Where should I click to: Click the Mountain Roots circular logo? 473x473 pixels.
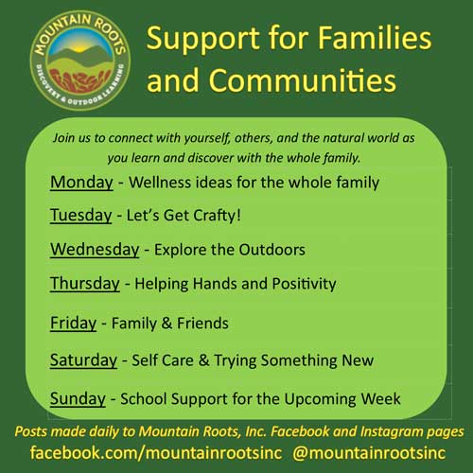pyautogui.click(x=80, y=61)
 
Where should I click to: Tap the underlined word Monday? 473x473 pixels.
pyautogui.click(x=81, y=183)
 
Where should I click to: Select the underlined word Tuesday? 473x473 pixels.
pyautogui.click(x=81, y=216)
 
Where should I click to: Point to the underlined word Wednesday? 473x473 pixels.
pyautogui.click(x=95, y=250)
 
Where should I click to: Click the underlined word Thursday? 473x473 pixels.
pyautogui.click(x=85, y=284)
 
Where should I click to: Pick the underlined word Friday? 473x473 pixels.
pyautogui.click(x=74, y=324)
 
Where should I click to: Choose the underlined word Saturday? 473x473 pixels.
pyautogui.click(x=83, y=360)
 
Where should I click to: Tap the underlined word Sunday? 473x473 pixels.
pyautogui.click(x=78, y=399)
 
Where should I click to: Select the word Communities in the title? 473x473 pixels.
pyautogui.click(x=302, y=80)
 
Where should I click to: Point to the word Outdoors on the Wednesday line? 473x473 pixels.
pyautogui.click(x=272, y=250)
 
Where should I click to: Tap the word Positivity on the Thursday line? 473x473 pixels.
pyautogui.click(x=305, y=284)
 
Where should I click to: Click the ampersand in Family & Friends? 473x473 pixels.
pyautogui.click(x=166, y=324)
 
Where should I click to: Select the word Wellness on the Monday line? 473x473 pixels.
pyautogui.click(x=160, y=183)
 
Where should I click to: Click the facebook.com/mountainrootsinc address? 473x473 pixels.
pyautogui.click(x=156, y=453)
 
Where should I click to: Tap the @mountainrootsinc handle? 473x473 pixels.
pyautogui.click(x=369, y=453)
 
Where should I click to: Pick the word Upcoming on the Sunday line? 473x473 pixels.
pyautogui.click(x=321, y=399)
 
